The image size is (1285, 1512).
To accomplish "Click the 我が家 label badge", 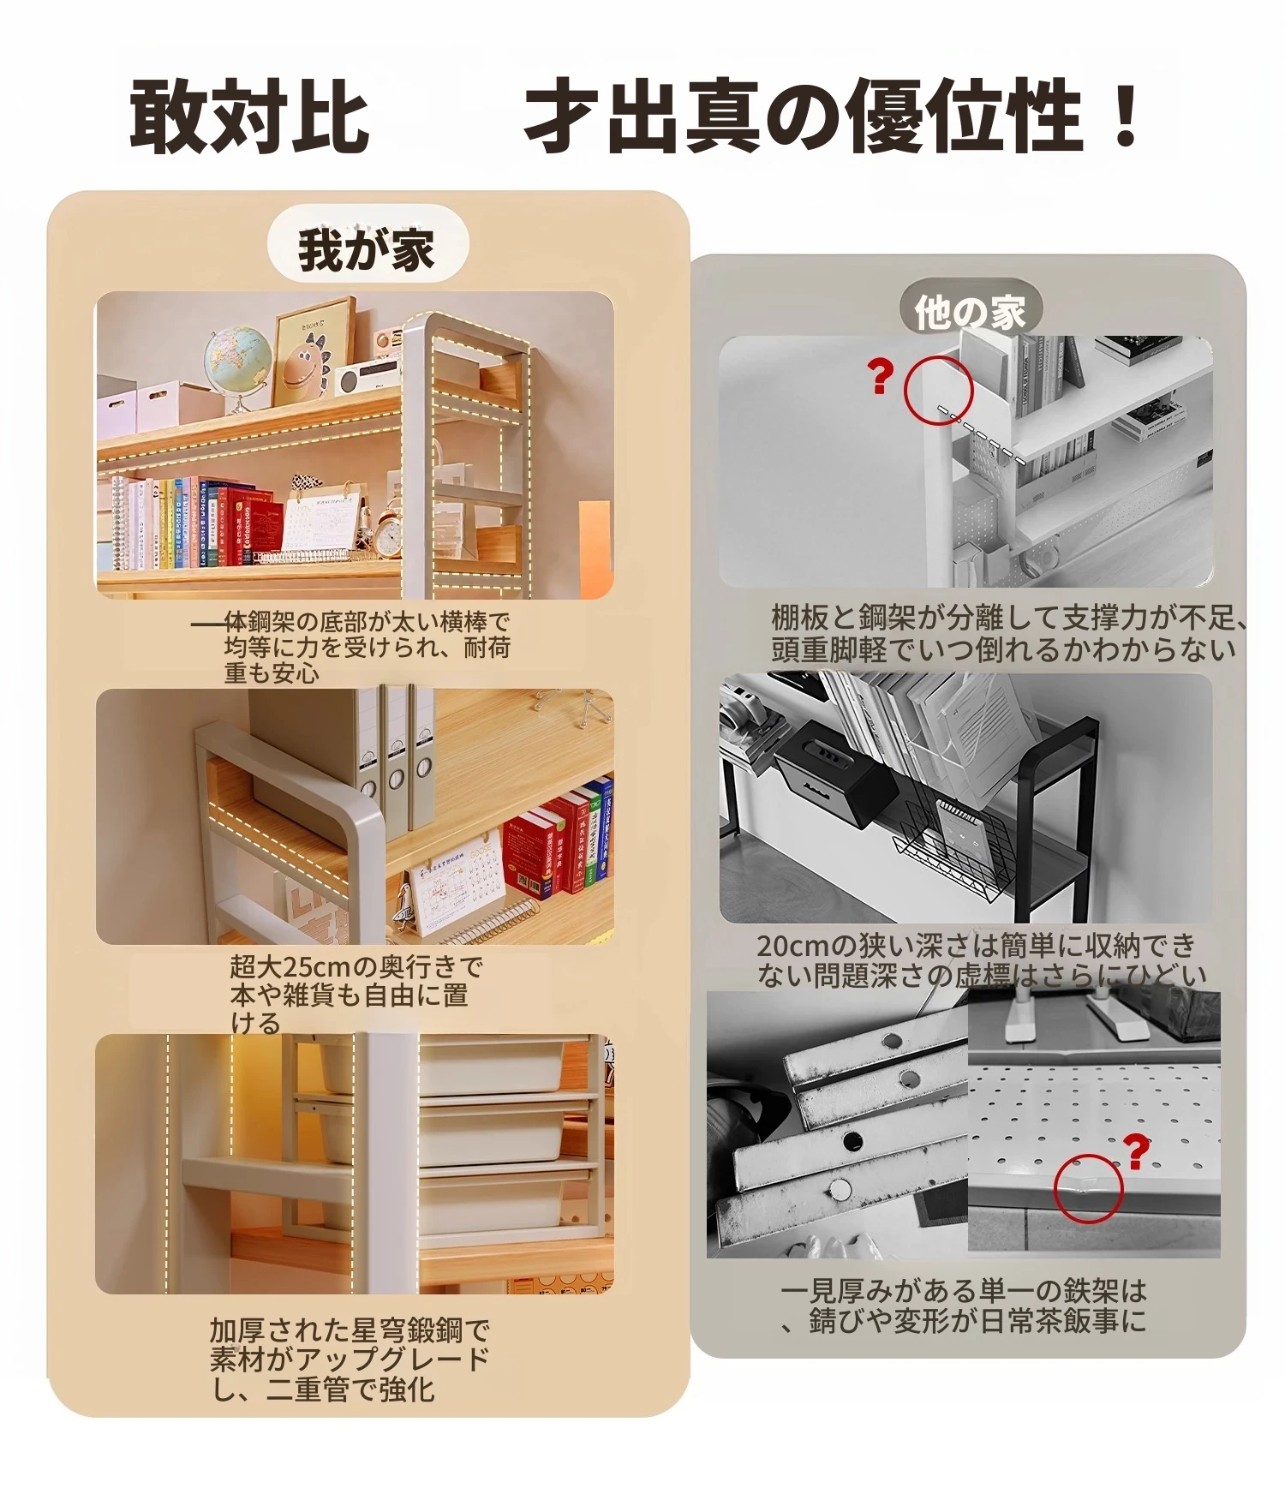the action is click(x=368, y=250).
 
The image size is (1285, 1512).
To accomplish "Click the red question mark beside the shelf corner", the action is click(x=880, y=377).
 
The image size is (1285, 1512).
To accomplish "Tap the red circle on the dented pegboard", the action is click(x=1088, y=1188).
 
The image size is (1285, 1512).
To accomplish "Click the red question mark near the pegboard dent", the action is click(x=1136, y=1152).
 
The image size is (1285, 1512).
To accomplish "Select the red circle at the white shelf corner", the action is click(x=939, y=390).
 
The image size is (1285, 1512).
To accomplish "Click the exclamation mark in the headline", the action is click(x=1121, y=115).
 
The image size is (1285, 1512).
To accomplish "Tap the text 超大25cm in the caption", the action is click(x=292, y=966).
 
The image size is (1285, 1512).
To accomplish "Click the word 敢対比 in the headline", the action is click(x=249, y=116).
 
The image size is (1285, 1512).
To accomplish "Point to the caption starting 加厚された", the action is click(x=350, y=1360).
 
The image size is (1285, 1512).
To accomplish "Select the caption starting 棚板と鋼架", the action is click(x=1007, y=632).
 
